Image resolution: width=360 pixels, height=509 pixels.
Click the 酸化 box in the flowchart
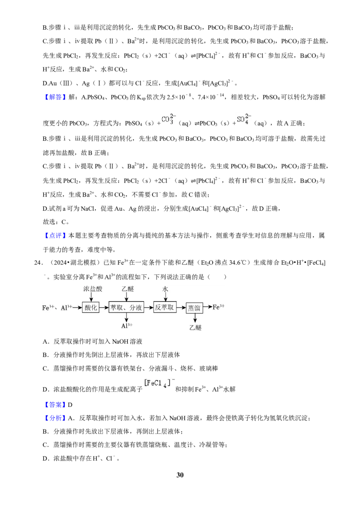click(x=90, y=308)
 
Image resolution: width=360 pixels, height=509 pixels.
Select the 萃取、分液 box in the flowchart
click(x=126, y=307)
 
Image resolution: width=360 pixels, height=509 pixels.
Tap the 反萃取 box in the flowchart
click(x=165, y=307)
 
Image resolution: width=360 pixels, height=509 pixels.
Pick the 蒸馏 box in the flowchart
click(x=194, y=308)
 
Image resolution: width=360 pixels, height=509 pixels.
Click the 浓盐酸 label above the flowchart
click(x=93, y=289)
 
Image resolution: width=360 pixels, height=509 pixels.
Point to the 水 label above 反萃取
click(x=166, y=289)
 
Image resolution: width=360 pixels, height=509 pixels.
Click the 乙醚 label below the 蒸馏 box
click(x=195, y=327)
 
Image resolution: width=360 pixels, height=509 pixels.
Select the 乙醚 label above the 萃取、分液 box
click(x=128, y=289)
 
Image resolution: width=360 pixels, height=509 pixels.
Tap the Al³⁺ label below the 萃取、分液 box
click(x=127, y=326)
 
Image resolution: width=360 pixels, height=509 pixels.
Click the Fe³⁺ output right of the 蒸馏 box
click(x=219, y=307)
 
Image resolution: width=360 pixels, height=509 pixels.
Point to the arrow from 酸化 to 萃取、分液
click(x=103, y=308)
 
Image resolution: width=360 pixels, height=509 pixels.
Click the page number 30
click(x=180, y=475)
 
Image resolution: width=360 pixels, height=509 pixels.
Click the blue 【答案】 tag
click(x=54, y=405)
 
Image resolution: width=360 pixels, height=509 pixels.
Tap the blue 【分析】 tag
click(x=54, y=418)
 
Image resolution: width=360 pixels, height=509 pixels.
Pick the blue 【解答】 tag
click(x=54, y=97)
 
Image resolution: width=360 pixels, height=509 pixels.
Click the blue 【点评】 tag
click(x=54, y=236)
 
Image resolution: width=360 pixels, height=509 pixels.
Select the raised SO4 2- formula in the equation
click(x=244, y=119)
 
